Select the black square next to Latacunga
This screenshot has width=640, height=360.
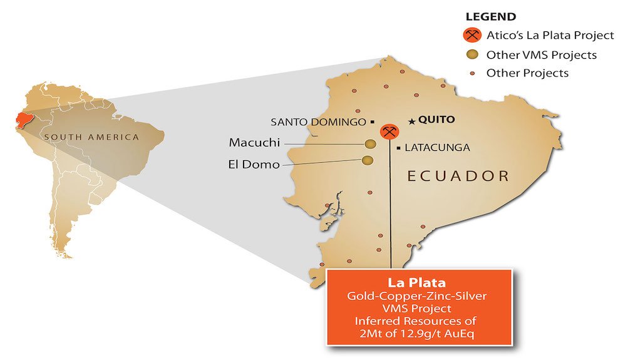398,148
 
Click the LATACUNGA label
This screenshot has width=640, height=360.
437,148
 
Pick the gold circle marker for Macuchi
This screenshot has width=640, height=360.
369,145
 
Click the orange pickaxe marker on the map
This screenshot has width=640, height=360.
390,131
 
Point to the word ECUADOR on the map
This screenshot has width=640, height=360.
458,176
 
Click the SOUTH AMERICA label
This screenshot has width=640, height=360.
91,137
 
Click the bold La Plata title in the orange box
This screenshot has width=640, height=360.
419,281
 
